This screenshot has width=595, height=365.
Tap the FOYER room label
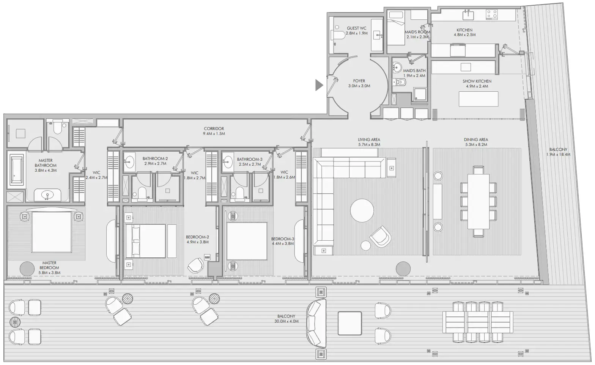tap(359, 81)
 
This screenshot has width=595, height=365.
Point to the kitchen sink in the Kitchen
tap(467, 15)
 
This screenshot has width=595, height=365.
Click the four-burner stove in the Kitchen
tap(492, 15)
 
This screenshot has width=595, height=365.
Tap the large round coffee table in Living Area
tap(362, 211)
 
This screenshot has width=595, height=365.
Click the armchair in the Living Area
tap(380, 237)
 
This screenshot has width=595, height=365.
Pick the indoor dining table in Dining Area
tap(478, 201)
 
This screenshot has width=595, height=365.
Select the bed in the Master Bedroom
tap(52, 232)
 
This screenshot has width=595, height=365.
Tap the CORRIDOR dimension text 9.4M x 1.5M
tap(214, 134)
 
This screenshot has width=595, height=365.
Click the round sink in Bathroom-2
tap(129, 161)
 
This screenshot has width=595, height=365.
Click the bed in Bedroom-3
tap(247, 241)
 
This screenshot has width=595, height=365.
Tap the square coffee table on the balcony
tap(349, 323)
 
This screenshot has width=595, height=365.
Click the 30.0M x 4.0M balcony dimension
tap(286, 321)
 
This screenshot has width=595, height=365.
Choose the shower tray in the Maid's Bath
tap(419, 94)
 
